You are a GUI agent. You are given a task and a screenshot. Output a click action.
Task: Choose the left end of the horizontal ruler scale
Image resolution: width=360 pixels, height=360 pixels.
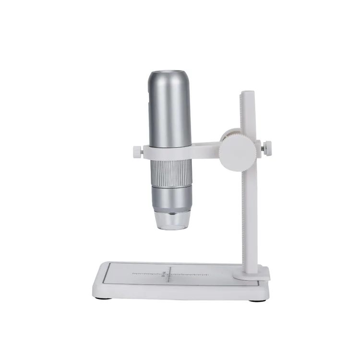click(132, 274)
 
